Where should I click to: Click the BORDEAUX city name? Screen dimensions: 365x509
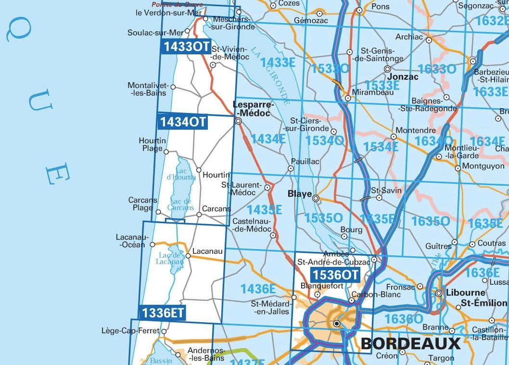pos(410,343)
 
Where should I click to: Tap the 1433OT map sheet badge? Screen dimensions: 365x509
pos(185,47)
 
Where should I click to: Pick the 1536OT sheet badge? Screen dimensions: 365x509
pos(335,275)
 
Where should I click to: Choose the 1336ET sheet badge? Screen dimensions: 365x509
pos(163,313)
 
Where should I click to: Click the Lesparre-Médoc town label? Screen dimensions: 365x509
pos(253,108)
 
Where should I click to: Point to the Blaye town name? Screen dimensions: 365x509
pos(299,194)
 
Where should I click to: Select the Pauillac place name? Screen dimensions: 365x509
pos(305,162)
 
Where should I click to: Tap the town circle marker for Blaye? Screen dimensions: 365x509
pos(316,198)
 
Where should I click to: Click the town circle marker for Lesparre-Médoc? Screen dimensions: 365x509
pos(238,122)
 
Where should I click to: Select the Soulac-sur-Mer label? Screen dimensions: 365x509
pos(156,33)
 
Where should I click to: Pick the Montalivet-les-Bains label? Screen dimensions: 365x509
pos(147,89)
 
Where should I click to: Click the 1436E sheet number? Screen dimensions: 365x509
pos(258,289)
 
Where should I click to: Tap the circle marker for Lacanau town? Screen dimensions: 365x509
pos(188,256)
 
